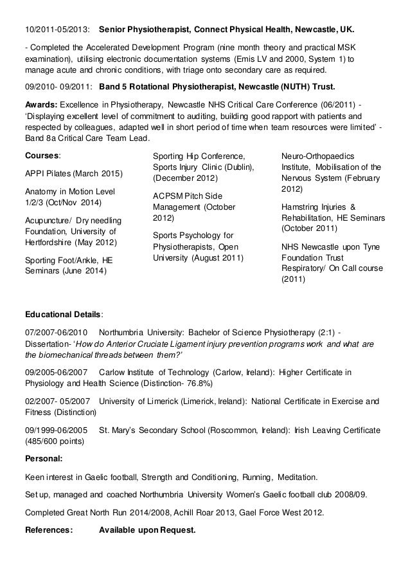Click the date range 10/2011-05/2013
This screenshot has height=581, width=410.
(x=57, y=30)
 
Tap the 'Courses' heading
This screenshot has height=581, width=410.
(x=42, y=156)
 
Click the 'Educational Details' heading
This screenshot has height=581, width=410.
(x=63, y=315)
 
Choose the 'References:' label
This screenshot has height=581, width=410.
(x=48, y=531)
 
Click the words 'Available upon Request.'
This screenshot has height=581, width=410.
(x=148, y=531)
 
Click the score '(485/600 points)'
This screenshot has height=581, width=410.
(x=57, y=442)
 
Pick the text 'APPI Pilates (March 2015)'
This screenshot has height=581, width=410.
(x=73, y=174)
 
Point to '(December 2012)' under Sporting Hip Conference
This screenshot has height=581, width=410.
(x=185, y=178)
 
